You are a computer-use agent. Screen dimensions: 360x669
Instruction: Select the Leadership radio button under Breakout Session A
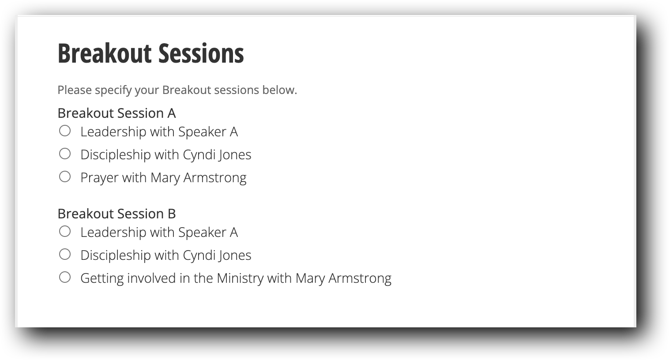click(65, 131)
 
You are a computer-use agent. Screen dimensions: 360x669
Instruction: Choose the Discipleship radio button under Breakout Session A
click(65, 154)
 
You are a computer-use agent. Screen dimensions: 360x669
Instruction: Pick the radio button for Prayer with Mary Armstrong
click(65, 176)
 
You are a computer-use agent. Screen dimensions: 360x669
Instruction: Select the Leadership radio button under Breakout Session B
click(65, 231)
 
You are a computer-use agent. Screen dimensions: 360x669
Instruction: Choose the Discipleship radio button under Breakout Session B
click(65, 254)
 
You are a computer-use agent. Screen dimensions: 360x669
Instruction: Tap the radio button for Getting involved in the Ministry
click(65, 277)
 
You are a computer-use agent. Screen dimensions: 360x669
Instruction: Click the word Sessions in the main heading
click(201, 53)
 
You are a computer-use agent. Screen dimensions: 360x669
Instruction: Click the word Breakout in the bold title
click(105, 53)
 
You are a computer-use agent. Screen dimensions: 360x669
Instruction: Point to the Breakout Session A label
click(117, 113)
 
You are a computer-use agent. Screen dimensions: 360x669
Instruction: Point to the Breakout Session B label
click(117, 214)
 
